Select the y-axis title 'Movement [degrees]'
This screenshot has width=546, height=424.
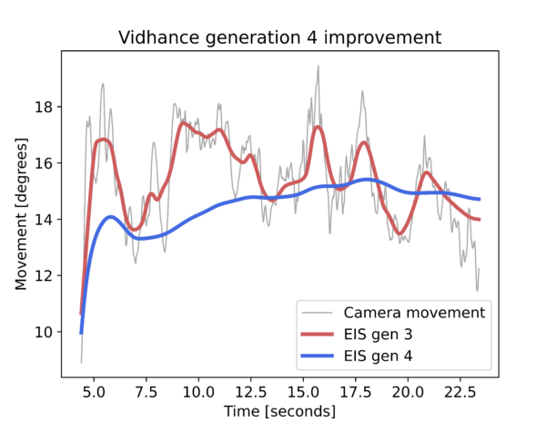coord(21,214)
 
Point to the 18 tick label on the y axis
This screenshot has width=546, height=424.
coord(44,108)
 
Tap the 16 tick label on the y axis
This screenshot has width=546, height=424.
coord(44,163)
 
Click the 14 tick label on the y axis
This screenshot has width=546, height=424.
coord(44,220)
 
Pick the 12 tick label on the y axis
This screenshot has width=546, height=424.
coord(44,275)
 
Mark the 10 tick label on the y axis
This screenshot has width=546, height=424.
coord(44,332)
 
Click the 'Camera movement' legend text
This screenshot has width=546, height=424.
coord(414,313)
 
